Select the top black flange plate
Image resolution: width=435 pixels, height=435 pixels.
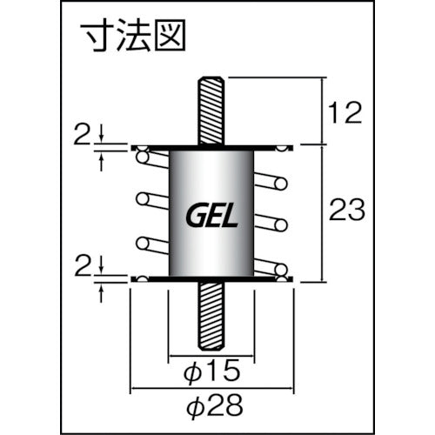coord(212,146)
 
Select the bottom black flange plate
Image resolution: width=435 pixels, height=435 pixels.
coord(212,278)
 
